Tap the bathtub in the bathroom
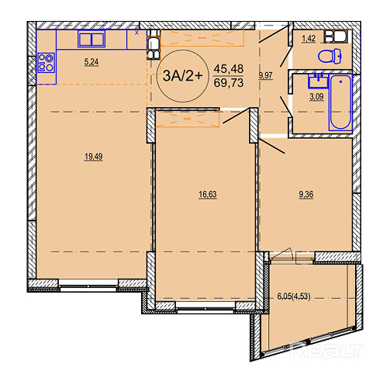(340, 102)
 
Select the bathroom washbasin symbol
(318, 81)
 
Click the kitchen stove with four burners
(46, 63)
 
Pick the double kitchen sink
(91, 39)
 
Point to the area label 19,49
(94, 157)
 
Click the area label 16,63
(208, 194)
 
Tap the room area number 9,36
(306, 194)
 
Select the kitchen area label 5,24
(91, 62)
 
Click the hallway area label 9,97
(266, 75)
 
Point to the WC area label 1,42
(309, 39)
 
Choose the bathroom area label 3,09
(316, 96)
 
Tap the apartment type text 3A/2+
(182, 76)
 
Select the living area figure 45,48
(229, 69)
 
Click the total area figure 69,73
(229, 83)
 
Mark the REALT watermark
(326, 351)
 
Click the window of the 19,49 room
(88, 286)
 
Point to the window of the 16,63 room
(206, 308)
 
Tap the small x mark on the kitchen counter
(136, 33)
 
